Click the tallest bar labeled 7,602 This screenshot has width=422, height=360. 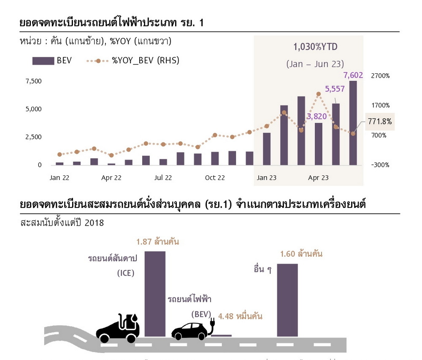(x=353, y=123)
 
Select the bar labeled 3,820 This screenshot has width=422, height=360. (x=318, y=144)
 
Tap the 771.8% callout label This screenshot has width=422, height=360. (x=380, y=121)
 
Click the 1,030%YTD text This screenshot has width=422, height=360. (x=315, y=46)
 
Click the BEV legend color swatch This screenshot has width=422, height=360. (x=43, y=61)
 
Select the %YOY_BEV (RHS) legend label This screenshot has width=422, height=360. (x=146, y=61)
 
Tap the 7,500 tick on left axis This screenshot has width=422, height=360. (x=34, y=81)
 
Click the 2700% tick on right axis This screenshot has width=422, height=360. (x=380, y=76)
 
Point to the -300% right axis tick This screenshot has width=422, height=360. (x=380, y=165)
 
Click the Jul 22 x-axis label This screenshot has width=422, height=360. (x=163, y=178)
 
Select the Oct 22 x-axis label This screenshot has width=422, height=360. (x=215, y=178)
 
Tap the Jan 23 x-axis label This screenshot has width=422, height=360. (x=266, y=178)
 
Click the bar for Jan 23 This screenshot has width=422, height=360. (x=267, y=149)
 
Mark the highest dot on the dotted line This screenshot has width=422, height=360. (x=318, y=94)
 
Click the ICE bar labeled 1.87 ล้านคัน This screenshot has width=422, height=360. (x=155, y=293)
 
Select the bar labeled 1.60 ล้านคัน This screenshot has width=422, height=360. (x=287, y=300)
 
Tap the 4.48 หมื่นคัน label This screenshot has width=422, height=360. (x=240, y=316)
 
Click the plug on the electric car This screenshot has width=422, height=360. (x=212, y=325)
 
